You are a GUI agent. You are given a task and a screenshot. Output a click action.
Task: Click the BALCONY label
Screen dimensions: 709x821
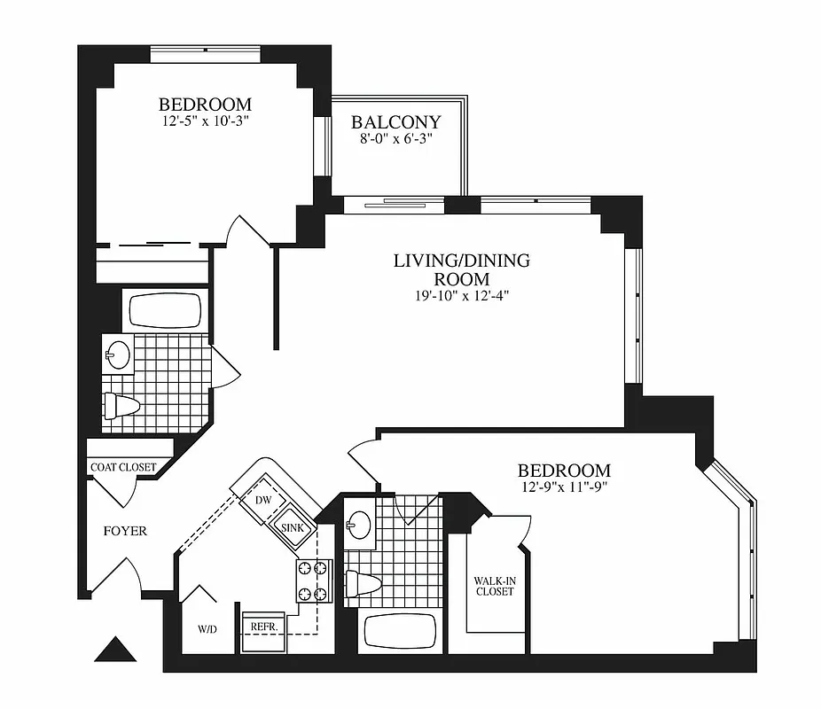[x=396, y=122]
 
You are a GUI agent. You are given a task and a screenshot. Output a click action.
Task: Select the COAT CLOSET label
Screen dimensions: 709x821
[x=123, y=467]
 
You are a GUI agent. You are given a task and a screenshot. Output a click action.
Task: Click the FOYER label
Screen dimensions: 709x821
[x=125, y=532]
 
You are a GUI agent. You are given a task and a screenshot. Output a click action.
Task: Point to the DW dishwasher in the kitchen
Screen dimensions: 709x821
[x=262, y=500]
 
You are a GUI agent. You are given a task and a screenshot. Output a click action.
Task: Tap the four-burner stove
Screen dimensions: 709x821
[x=313, y=580]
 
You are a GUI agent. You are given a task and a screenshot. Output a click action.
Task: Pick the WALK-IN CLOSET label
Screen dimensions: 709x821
[x=494, y=586]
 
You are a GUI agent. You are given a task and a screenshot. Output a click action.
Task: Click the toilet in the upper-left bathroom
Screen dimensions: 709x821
[x=122, y=407]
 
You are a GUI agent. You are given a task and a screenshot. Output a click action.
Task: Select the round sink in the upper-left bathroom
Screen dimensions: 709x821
[x=117, y=356]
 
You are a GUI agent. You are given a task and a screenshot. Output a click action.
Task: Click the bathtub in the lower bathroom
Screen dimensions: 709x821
[x=400, y=633]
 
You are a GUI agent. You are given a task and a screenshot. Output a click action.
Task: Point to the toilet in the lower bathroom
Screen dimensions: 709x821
[x=364, y=584]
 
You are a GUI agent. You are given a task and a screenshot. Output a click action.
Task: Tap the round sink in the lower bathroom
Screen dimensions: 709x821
[x=359, y=524]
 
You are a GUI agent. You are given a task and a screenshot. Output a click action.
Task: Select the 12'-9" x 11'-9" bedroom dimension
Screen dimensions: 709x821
[x=564, y=487]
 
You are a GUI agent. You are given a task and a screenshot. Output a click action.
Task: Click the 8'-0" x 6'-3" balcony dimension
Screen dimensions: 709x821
[x=396, y=139]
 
